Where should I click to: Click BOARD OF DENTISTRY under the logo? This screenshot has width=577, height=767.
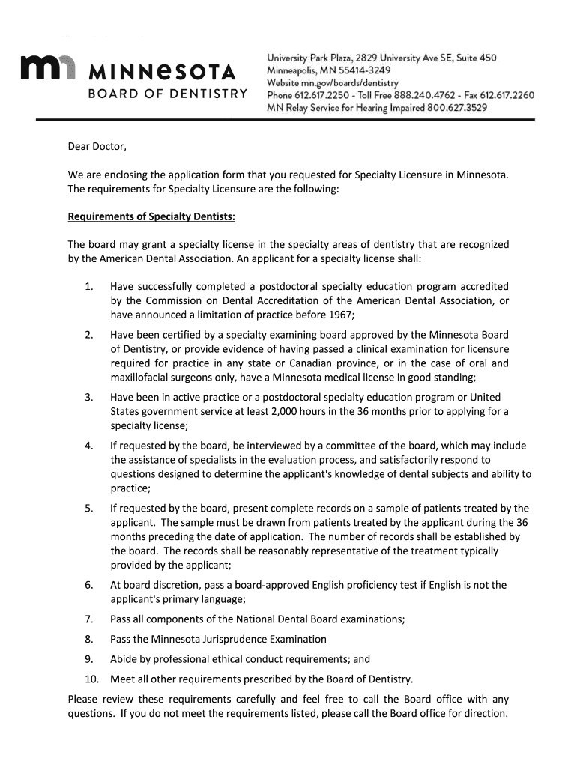(x=168, y=94)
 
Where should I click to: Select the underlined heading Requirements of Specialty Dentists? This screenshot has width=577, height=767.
(x=152, y=217)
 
